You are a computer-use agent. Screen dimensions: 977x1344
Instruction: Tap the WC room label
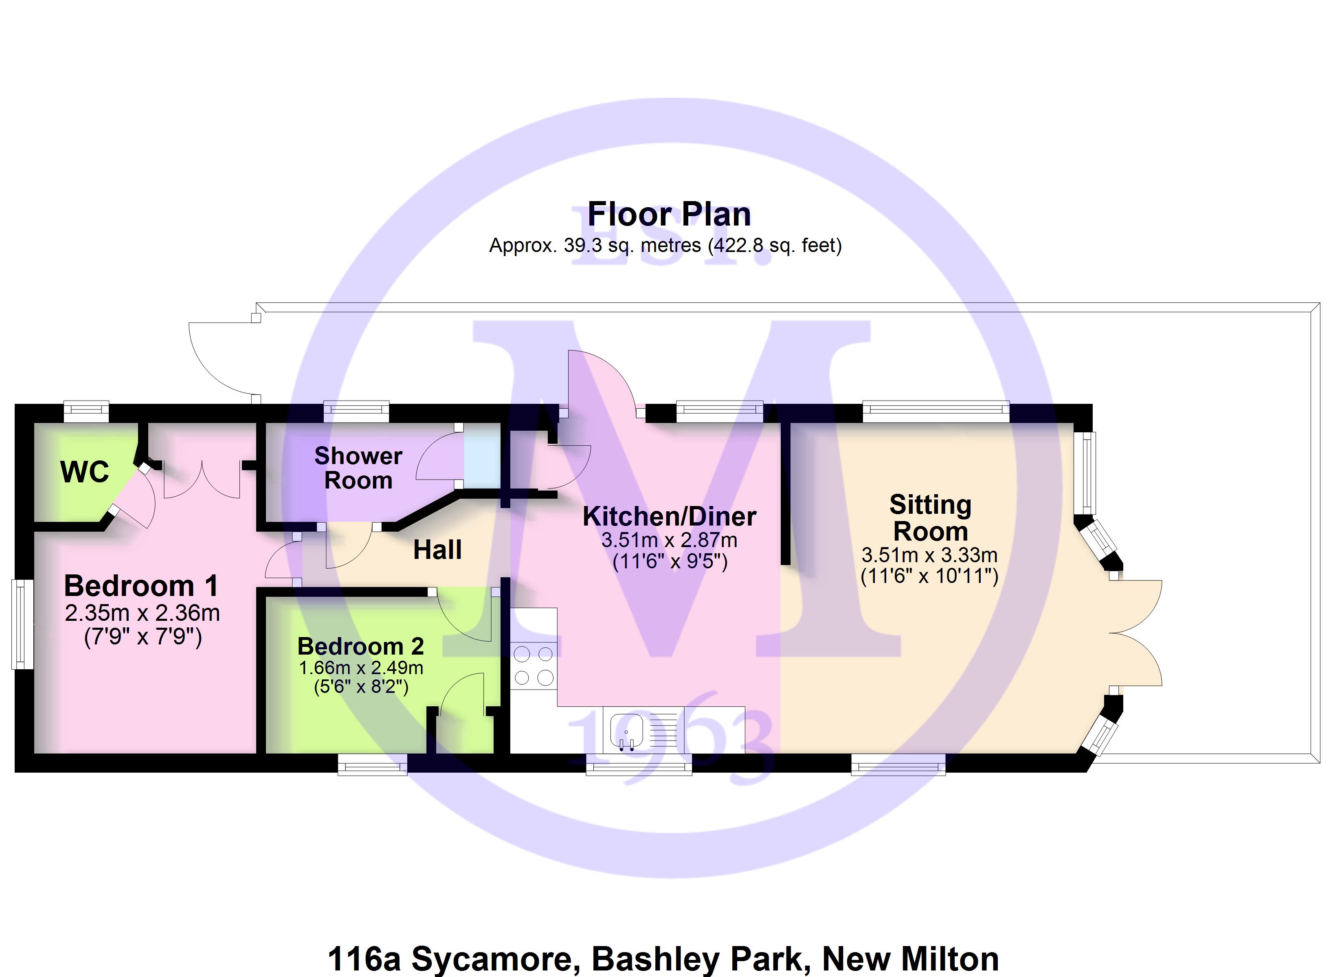pyautogui.click(x=85, y=472)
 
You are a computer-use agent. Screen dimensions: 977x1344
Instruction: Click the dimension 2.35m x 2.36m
pyautogui.click(x=142, y=613)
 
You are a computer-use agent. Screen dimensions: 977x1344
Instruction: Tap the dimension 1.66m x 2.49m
pyautogui.click(x=360, y=668)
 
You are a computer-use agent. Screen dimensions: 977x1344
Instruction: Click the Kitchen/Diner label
pyautogui.click(x=669, y=517)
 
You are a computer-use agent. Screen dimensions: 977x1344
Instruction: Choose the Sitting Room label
pyautogui.click(x=930, y=518)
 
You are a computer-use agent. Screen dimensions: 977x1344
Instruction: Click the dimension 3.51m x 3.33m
pyautogui.click(x=929, y=555)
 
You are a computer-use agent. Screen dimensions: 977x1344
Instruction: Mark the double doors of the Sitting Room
pyautogui.click(x=1135, y=633)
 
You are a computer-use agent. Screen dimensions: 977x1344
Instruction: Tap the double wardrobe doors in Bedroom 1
pyautogui.click(x=202, y=480)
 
